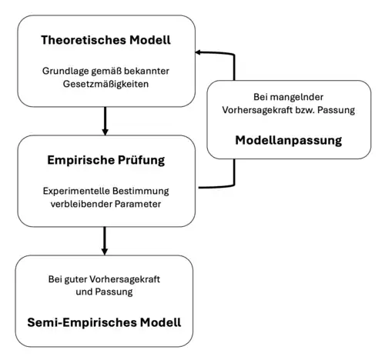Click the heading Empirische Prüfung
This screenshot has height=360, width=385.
point(104,161)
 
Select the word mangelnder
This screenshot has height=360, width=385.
point(293,98)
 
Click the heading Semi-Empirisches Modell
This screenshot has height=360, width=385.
point(104,318)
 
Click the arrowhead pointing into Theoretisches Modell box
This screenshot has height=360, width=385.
point(198,52)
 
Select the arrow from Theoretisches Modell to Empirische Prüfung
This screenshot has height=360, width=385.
point(104,121)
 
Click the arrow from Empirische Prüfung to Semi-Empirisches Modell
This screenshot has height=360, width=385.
point(104,242)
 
